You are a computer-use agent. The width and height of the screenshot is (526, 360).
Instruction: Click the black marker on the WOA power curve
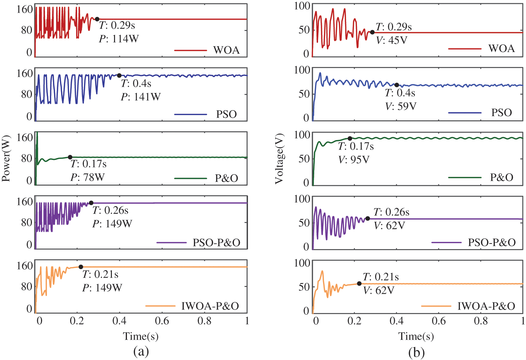[97, 19]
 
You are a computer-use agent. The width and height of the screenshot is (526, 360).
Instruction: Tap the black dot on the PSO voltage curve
[397, 85]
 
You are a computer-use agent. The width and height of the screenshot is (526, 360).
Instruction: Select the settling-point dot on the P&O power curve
[70, 157]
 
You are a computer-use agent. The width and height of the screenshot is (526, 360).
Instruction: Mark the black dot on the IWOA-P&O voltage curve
[359, 284]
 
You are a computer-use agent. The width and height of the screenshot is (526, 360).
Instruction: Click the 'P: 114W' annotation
[119, 39]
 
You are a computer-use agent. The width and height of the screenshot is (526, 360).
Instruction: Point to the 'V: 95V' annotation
[354, 160]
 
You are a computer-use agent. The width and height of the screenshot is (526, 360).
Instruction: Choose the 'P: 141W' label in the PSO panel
[141, 96]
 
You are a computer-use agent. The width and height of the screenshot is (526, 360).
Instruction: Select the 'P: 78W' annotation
[88, 177]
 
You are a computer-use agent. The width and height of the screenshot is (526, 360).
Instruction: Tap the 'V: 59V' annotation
[401, 106]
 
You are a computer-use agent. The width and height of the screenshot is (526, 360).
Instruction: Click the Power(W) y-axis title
[6, 158]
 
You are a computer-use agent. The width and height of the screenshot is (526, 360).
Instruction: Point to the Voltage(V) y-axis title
[279, 159]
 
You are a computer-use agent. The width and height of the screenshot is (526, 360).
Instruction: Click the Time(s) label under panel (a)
[141, 336]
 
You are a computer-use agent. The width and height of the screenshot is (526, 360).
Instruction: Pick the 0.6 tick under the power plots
[162, 320]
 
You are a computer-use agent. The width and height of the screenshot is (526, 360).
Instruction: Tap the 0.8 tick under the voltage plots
[481, 320]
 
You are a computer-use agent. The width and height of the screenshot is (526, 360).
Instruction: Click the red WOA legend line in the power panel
[190, 50]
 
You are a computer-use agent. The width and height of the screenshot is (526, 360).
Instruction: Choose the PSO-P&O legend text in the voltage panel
[492, 242]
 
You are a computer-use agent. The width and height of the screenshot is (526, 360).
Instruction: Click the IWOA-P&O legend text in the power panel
[210, 306]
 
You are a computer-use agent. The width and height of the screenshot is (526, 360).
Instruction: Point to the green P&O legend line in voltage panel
[465, 178]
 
